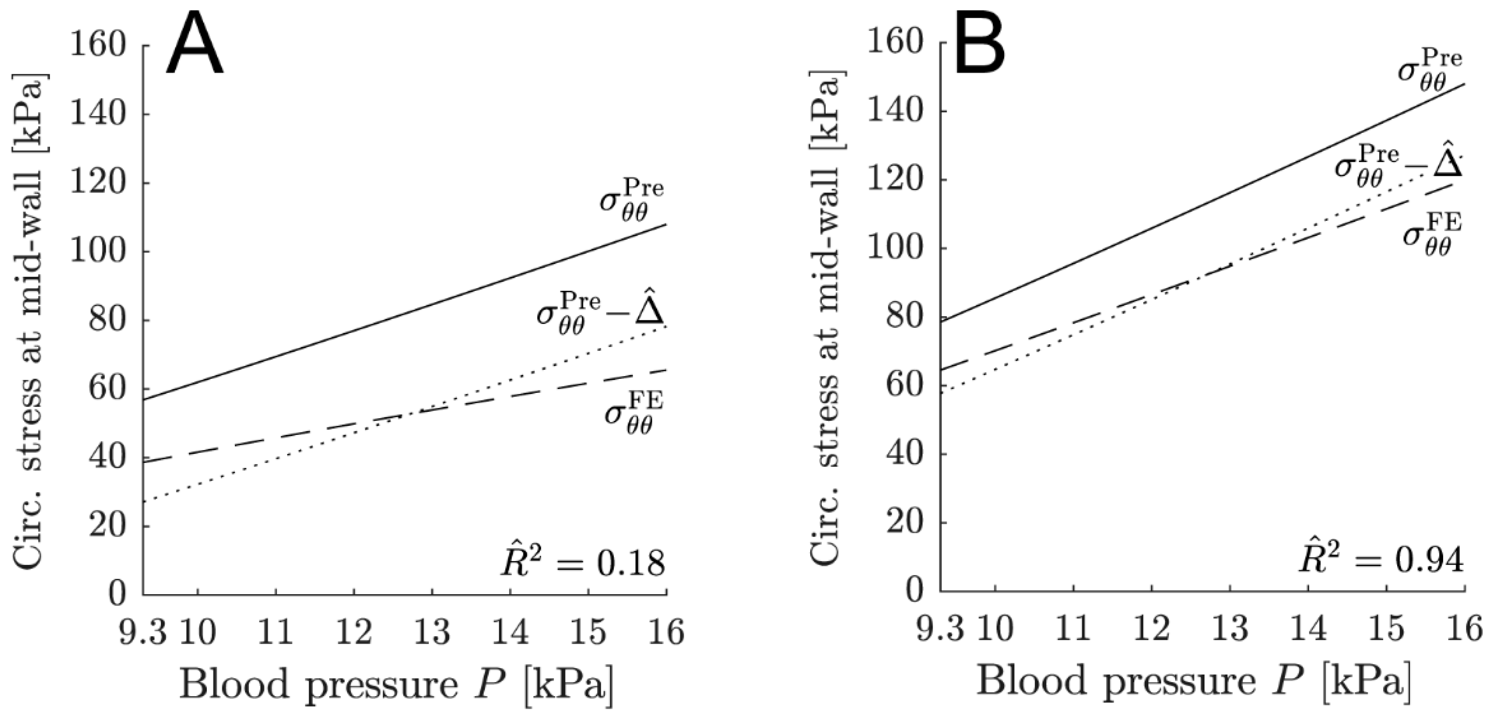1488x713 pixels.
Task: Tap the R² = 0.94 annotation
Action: tap(1382, 560)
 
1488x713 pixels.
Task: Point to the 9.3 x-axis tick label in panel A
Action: tap(142, 632)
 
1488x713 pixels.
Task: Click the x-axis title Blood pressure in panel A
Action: tap(396, 684)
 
